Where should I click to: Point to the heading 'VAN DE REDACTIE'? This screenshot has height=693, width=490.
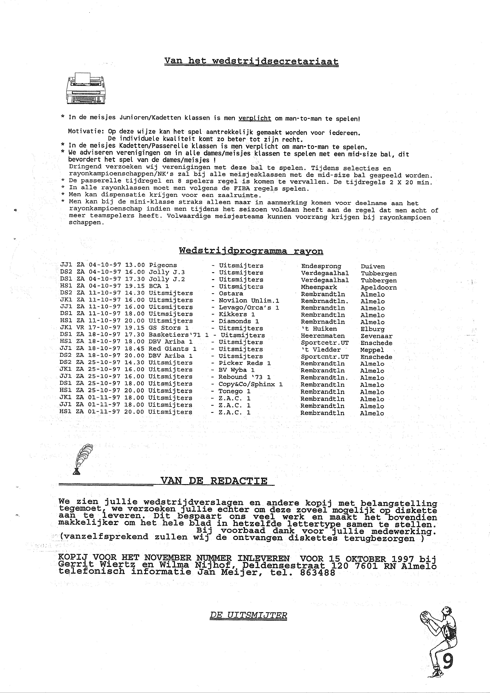click(214, 480)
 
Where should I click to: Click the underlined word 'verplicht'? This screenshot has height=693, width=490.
click(255, 118)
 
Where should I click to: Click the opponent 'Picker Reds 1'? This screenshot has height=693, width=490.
click(244, 363)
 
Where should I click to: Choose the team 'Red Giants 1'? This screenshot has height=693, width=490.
click(172, 349)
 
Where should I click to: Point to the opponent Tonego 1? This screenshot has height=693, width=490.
click(235, 391)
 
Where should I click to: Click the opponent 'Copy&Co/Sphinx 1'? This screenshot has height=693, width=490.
click(251, 384)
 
